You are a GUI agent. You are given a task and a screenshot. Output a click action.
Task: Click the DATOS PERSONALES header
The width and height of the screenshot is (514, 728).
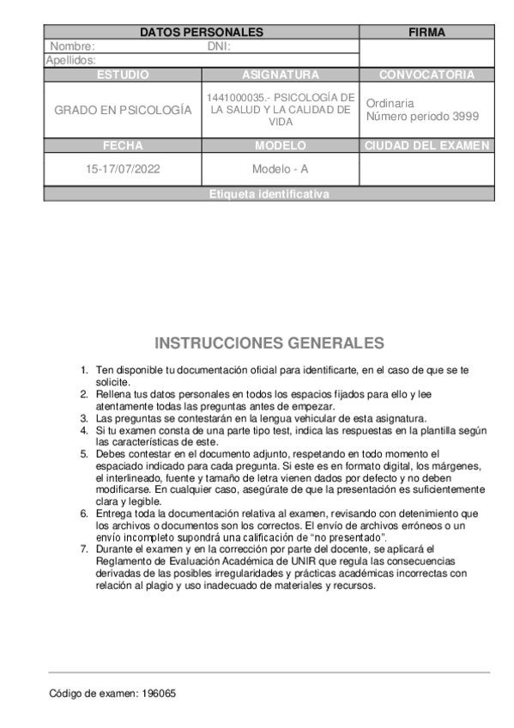[x=201, y=33]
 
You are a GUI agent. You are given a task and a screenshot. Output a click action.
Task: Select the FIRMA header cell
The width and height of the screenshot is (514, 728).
[x=426, y=33]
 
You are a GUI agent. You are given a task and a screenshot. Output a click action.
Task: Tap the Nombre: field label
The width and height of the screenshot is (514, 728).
[x=72, y=46]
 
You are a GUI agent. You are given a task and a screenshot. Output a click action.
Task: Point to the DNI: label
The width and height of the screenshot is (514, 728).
[x=220, y=46]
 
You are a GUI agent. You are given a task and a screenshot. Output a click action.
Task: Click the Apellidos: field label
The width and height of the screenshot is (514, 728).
[x=70, y=60]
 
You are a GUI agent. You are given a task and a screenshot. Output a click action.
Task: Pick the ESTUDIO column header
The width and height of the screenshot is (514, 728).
[x=123, y=75]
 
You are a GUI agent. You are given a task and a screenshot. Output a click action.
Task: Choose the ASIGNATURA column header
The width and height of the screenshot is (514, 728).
[x=281, y=75]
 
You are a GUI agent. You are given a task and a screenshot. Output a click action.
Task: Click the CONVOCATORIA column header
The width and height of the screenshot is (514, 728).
[x=426, y=75]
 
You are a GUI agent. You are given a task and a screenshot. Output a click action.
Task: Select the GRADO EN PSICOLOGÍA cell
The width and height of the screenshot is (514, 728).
[x=123, y=111]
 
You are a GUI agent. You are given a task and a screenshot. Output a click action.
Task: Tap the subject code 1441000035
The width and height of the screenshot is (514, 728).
[x=234, y=98]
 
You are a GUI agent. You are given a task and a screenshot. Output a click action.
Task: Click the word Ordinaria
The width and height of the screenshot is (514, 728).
[x=390, y=101]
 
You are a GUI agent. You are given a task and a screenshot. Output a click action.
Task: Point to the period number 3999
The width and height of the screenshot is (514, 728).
[x=465, y=116]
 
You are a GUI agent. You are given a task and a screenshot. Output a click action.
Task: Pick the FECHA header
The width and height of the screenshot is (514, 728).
[x=123, y=145]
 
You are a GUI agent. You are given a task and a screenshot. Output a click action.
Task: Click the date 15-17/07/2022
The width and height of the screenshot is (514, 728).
[x=123, y=169]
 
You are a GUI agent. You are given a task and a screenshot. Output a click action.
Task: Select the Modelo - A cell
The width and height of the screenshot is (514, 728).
[x=281, y=169]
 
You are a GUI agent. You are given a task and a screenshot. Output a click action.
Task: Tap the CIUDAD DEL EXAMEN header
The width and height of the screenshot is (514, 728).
[x=426, y=145]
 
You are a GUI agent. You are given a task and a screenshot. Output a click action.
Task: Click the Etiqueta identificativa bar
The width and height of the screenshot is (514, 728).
[x=269, y=195]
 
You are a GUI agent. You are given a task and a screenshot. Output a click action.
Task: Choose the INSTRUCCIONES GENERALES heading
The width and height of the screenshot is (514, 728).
[x=269, y=343]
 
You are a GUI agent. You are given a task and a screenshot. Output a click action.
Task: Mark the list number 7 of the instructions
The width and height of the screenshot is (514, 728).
[x=84, y=548]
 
